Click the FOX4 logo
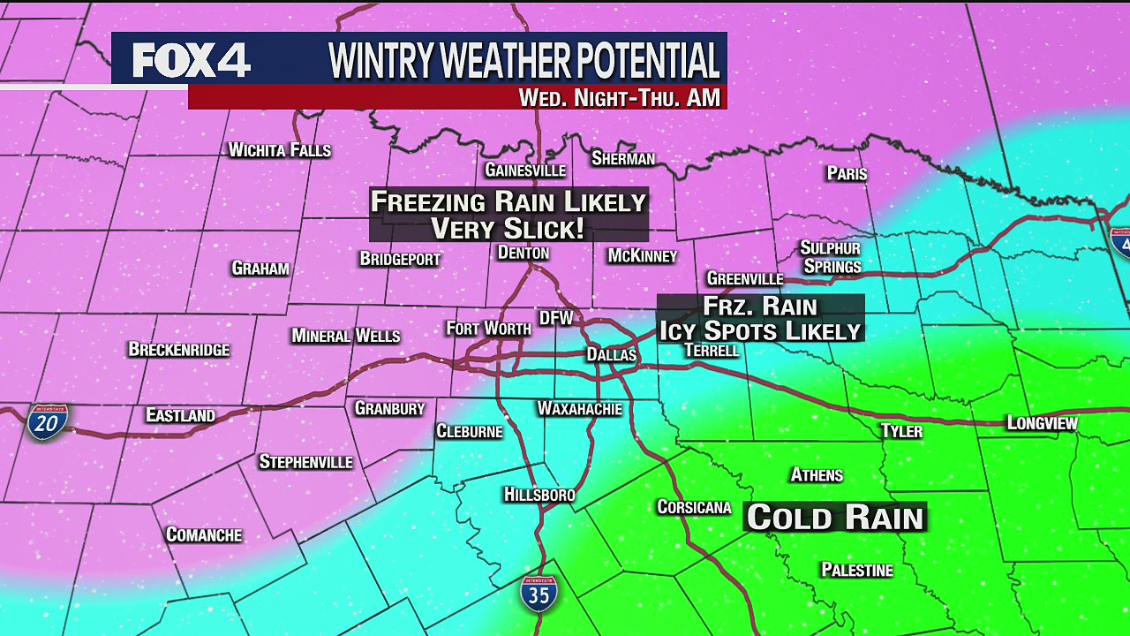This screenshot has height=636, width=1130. [192, 59]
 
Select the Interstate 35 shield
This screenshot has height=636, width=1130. [539, 594]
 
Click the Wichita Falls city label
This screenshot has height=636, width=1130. [279, 150]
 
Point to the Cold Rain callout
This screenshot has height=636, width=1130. [835, 518]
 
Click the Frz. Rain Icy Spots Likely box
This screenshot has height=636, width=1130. [759, 319]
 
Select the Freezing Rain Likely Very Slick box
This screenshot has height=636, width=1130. [508, 215]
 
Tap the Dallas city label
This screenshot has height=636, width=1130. [611, 355]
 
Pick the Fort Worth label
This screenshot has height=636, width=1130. [488, 329]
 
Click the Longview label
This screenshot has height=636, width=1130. [1042, 424]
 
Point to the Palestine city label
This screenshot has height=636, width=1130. [856, 571]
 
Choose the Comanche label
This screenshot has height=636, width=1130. [204, 535]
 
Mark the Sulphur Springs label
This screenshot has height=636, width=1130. [831, 257]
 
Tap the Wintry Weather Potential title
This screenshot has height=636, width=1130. [524, 60]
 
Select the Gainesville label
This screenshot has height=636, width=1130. [525, 170]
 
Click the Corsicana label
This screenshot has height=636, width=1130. [694, 507]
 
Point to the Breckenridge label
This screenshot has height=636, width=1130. [178, 350]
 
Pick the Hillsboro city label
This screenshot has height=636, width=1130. [539, 495]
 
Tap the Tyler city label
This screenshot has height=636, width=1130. [901, 431]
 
